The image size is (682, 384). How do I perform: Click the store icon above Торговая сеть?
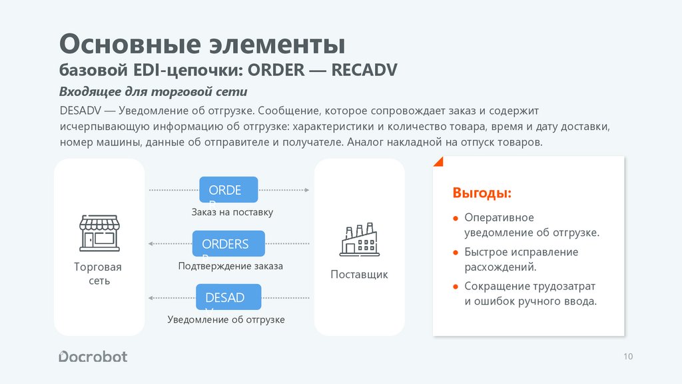pyautogui.click(x=99, y=233)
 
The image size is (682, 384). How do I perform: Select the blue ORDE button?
pyautogui.click(x=228, y=190)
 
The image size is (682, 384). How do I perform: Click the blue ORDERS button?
pyautogui.click(x=228, y=244)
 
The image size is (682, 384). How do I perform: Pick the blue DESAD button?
pyautogui.click(x=228, y=297)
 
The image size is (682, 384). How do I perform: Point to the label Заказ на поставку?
pyautogui.click(x=232, y=212)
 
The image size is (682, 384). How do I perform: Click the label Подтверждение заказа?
pyautogui.click(x=230, y=266)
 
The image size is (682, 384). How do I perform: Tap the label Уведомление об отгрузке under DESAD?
pyautogui.click(x=226, y=320)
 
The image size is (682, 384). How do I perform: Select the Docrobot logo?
pyautogui.click(x=93, y=357)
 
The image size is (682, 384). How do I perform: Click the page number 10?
pyautogui.click(x=628, y=357)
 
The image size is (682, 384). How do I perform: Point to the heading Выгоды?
pyautogui.click(x=482, y=193)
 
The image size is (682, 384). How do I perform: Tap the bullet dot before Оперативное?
pyautogui.click(x=456, y=219)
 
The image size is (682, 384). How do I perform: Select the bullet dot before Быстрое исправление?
pyautogui.click(x=456, y=253)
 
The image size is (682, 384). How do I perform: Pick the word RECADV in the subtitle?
pyautogui.click(x=364, y=71)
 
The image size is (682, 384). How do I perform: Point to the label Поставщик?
pyautogui.click(x=359, y=275)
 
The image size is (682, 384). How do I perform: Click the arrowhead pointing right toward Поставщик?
pyautogui.click(x=306, y=190)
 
